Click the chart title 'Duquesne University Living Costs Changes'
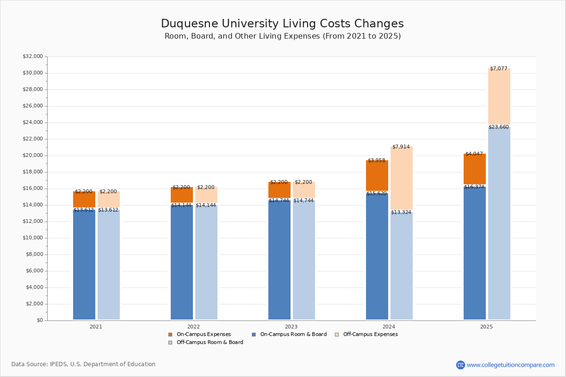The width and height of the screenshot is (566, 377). pyautogui.click(x=282, y=24)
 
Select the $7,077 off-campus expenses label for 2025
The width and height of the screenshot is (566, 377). pyautogui.click(x=499, y=69)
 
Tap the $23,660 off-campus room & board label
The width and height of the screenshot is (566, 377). pyautogui.click(x=499, y=127)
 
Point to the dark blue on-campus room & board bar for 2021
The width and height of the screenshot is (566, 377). pyautogui.click(x=84, y=264)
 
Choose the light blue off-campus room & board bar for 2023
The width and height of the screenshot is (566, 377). pyautogui.click(x=304, y=259)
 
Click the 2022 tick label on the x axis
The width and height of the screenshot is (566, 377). pyautogui.click(x=193, y=327)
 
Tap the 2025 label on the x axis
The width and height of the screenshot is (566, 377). pyautogui.click(x=486, y=327)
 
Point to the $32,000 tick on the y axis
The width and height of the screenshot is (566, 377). pyautogui.click(x=33, y=57)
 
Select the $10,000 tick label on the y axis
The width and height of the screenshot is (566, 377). pyautogui.click(x=33, y=238)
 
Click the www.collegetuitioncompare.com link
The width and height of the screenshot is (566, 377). pyautogui.click(x=510, y=365)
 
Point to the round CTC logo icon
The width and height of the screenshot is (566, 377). pyautogui.click(x=460, y=365)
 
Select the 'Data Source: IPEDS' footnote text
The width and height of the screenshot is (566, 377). pyautogui.click(x=83, y=364)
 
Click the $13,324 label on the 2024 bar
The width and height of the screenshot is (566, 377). pyautogui.click(x=401, y=213)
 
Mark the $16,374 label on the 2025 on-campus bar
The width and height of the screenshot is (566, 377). pyautogui.click(x=474, y=187)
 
